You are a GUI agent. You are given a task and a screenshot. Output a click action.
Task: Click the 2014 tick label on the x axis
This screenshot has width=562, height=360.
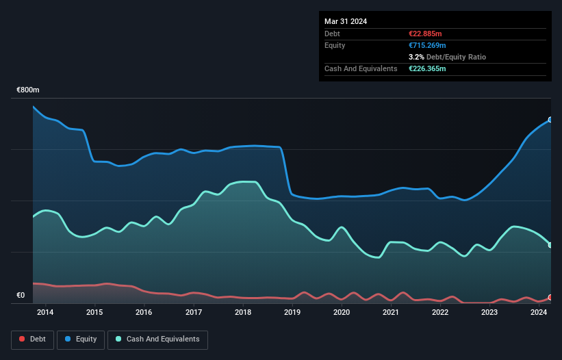click(45, 313)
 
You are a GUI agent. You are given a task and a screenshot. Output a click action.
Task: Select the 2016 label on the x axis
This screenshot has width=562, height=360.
click(144, 313)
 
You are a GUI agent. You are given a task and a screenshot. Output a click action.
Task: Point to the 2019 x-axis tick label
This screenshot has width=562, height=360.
click(292, 313)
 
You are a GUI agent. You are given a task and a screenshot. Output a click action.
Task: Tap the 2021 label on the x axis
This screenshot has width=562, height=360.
click(391, 313)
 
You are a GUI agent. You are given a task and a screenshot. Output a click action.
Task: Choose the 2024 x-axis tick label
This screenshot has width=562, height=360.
click(539, 313)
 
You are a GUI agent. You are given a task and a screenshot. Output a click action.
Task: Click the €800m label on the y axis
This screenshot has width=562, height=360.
click(28, 90)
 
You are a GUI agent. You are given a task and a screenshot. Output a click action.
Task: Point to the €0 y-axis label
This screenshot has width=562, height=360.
click(21, 296)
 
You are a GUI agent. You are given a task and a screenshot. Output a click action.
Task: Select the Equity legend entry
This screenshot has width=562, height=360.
click(81, 339)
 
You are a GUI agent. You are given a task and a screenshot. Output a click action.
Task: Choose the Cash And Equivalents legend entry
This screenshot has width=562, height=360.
click(157, 339)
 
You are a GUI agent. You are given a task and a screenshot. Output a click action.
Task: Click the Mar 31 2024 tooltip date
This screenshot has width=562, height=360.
click(346, 21)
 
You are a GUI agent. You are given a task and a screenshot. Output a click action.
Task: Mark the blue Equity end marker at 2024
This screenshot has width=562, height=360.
click(550, 120)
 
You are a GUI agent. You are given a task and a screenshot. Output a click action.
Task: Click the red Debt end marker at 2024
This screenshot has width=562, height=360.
click(550, 298)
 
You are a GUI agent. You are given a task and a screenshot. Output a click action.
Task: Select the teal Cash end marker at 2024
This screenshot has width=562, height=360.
click(550, 245)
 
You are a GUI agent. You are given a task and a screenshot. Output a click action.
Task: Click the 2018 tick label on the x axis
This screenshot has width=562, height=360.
click(242, 313)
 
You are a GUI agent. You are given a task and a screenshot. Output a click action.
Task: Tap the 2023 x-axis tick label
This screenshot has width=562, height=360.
click(489, 313)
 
